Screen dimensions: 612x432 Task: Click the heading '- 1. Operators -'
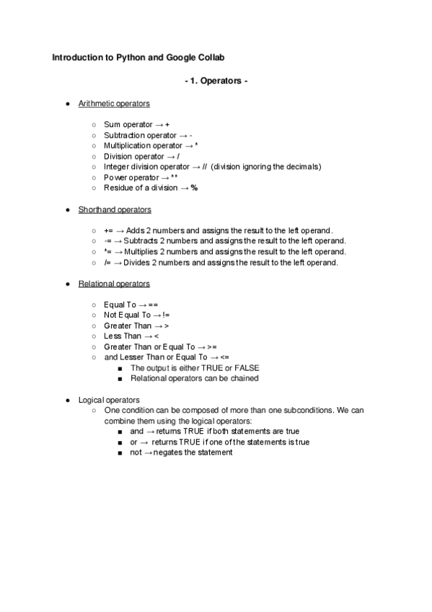(x=216, y=81)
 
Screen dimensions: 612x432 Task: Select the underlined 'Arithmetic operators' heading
(x=113, y=105)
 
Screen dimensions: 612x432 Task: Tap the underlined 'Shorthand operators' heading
(x=114, y=210)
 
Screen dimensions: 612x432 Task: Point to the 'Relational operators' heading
(x=113, y=284)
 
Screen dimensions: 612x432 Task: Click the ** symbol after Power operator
(x=174, y=177)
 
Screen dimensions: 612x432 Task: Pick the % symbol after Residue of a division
(x=194, y=188)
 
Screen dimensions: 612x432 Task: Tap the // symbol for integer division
(x=205, y=167)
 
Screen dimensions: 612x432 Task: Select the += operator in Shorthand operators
(x=108, y=230)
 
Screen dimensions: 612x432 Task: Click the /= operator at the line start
(x=107, y=262)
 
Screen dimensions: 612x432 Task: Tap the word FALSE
(x=244, y=368)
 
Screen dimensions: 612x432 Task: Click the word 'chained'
(x=244, y=378)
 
